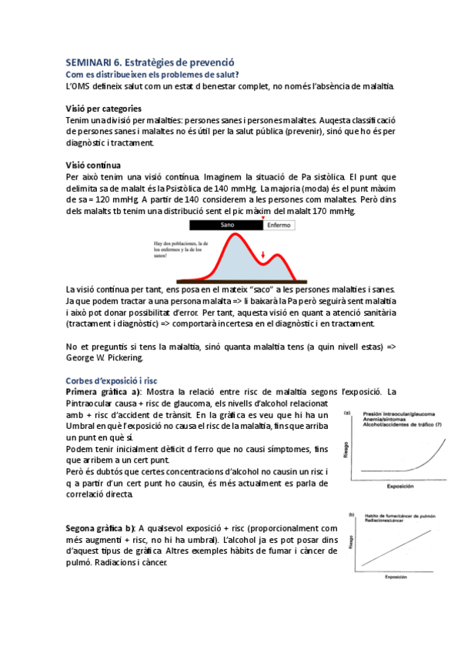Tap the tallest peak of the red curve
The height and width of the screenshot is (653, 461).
click(228, 238)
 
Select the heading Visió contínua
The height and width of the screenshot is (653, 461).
click(93, 164)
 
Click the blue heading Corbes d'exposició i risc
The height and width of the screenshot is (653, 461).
click(112, 380)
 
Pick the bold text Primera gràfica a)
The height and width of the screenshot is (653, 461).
click(109, 392)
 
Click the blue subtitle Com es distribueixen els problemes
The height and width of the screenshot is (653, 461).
click(152, 74)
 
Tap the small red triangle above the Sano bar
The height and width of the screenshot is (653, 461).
click(262, 219)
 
